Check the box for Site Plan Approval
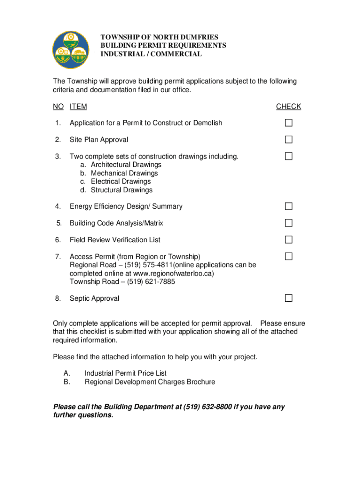point(289,139)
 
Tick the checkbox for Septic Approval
point(289,298)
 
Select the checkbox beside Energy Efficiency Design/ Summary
point(289,206)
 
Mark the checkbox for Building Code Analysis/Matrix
point(289,223)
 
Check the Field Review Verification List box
point(289,239)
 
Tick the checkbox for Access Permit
point(289,256)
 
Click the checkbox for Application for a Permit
point(289,123)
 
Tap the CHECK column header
point(288,107)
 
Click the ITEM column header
point(78,107)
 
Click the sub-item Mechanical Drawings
point(124,173)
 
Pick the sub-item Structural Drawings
point(122,190)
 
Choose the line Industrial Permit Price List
point(125,373)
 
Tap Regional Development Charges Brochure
point(150,382)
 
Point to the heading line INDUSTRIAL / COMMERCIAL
point(151,54)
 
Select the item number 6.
point(58,240)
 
